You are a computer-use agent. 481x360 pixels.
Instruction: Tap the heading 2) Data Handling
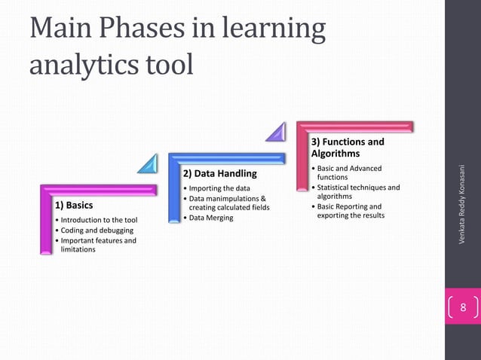215,174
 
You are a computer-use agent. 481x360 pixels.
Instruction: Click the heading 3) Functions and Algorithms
348,148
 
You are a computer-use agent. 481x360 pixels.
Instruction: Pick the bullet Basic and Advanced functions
346,172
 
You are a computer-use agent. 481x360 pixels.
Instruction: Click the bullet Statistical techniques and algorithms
354,191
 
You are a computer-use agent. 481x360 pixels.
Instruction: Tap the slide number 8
463,307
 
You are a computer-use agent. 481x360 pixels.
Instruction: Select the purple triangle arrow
276,133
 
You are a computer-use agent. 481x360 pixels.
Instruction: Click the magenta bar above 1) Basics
98,188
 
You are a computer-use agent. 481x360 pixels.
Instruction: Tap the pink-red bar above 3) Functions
354,125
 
